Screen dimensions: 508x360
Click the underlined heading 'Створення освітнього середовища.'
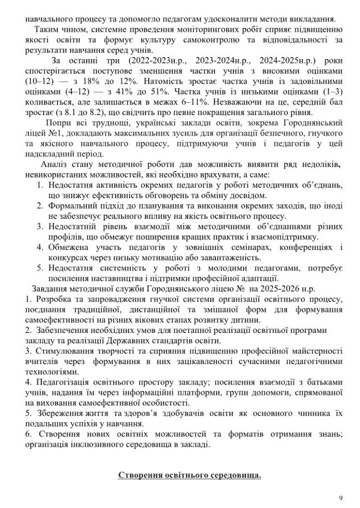pos(190,476)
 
